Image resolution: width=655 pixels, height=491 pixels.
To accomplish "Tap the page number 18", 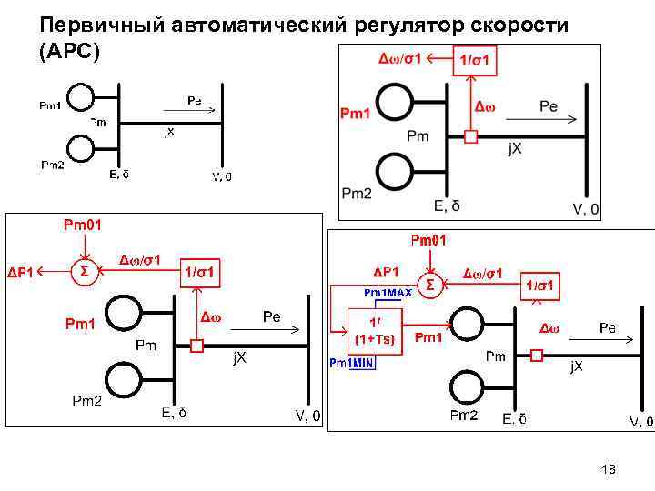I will click(x=609, y=469).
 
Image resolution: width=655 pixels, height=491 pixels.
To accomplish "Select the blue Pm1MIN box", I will click(x=352, y=363).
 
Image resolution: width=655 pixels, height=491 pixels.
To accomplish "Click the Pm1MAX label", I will click(x=388, y=293).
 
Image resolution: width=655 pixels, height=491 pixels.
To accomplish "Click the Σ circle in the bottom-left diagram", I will click(x=84, y=271).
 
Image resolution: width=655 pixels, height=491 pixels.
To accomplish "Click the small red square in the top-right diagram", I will click(x=470, y=137).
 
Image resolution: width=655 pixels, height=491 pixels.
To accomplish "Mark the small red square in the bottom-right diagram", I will click(x=537, y=356).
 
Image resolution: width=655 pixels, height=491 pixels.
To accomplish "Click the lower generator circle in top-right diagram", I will click(x=397, y=169).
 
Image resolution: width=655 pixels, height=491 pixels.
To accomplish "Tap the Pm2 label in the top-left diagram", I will click(x=54, y=165).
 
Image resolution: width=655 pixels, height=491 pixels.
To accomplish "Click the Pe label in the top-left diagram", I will click(x=194, y=101).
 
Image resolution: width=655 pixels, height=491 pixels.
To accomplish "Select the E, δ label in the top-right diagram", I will click(x=452, y=206).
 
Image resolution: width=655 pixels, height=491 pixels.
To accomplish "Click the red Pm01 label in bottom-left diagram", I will click(x=83, y=224).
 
